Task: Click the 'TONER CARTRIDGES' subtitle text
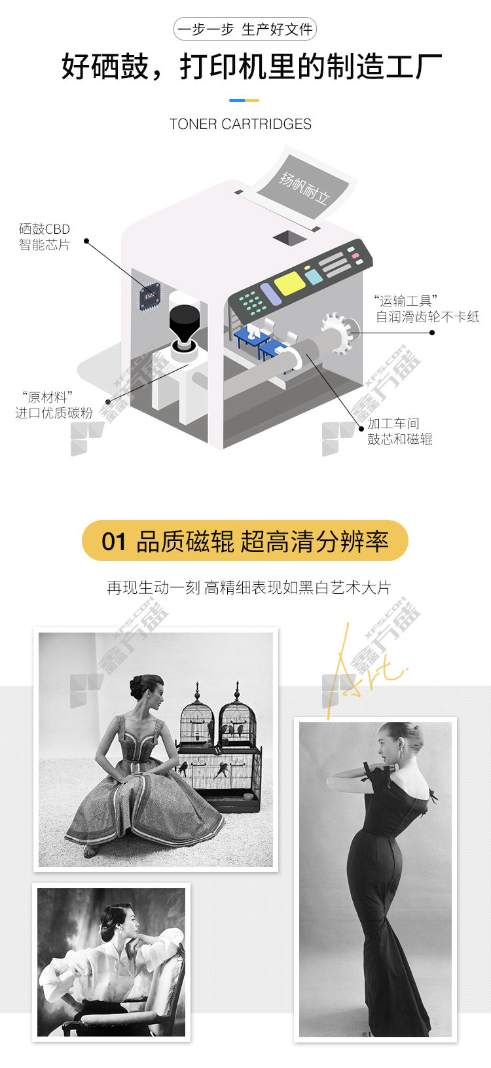[x=240, y=124]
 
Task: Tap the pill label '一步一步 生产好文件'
[x=245, y=29]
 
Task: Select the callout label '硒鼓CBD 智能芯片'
[x=45, y=237]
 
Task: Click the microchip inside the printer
[x=150, y=296]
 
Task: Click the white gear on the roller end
[x=338, y=333]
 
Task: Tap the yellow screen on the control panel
[x=290, y=283]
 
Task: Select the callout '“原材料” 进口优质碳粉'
[x=54, y=405]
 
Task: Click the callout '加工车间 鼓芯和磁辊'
[x=399, y=432]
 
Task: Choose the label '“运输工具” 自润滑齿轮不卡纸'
[x=427, y=309]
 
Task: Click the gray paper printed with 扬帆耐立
[x=306, y=189]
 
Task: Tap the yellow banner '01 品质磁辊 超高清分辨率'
[x=245, y=541]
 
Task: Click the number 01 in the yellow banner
[x=113, y=542]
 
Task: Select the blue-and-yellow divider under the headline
[x=244, y=101]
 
